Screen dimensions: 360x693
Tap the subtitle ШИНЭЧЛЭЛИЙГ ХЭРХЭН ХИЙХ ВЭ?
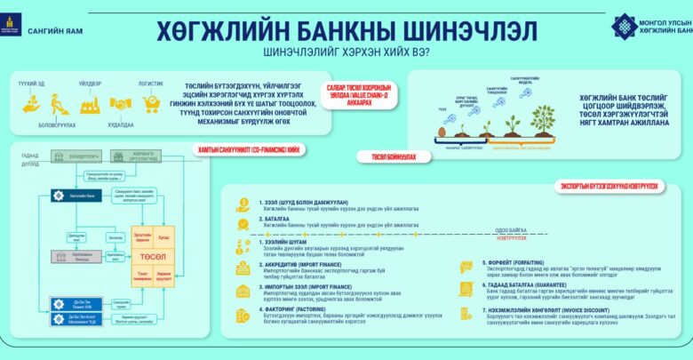click(x=346, y=52)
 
